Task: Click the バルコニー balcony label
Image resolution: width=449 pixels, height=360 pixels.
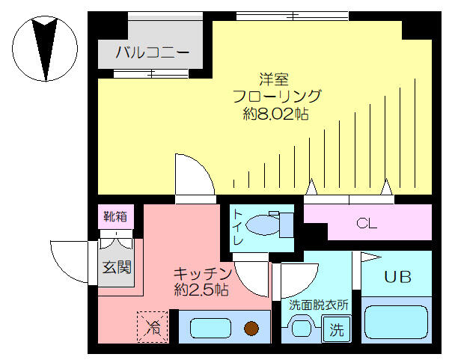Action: (152, 52)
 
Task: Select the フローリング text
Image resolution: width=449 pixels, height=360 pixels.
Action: (277, 97)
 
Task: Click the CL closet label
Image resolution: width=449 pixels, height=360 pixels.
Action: (367, 223)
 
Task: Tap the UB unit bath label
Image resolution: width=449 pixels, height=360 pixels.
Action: (397, 276)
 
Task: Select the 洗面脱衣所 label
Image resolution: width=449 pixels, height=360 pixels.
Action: (319, 305)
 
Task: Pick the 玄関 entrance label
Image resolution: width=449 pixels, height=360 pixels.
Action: (117, 266)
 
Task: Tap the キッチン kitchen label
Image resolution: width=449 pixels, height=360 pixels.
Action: (202, 272)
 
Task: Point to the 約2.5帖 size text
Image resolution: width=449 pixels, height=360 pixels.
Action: (201, 290)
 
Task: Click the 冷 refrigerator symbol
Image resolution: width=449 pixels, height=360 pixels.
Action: (153, 327)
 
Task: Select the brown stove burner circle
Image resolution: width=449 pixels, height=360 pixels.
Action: (251, 328)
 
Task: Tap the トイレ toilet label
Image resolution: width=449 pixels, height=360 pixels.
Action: (237, 228)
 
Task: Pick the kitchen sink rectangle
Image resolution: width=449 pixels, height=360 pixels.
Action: (210, 328)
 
